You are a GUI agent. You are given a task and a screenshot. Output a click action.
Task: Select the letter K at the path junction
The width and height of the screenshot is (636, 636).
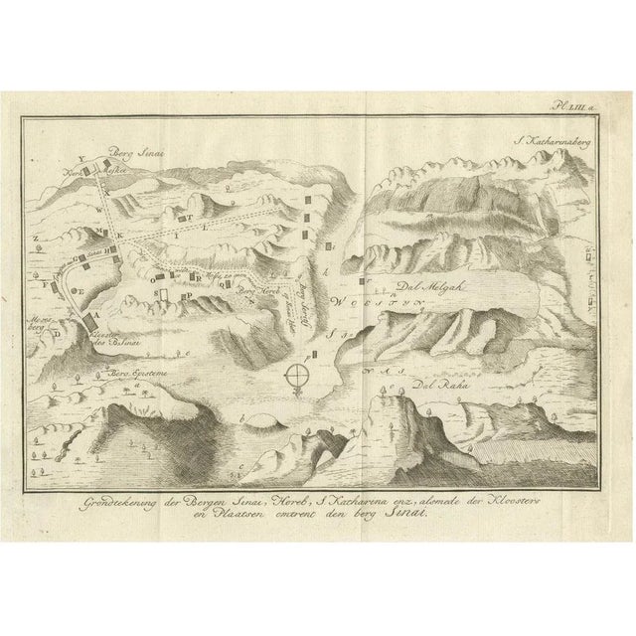coord(123,233)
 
